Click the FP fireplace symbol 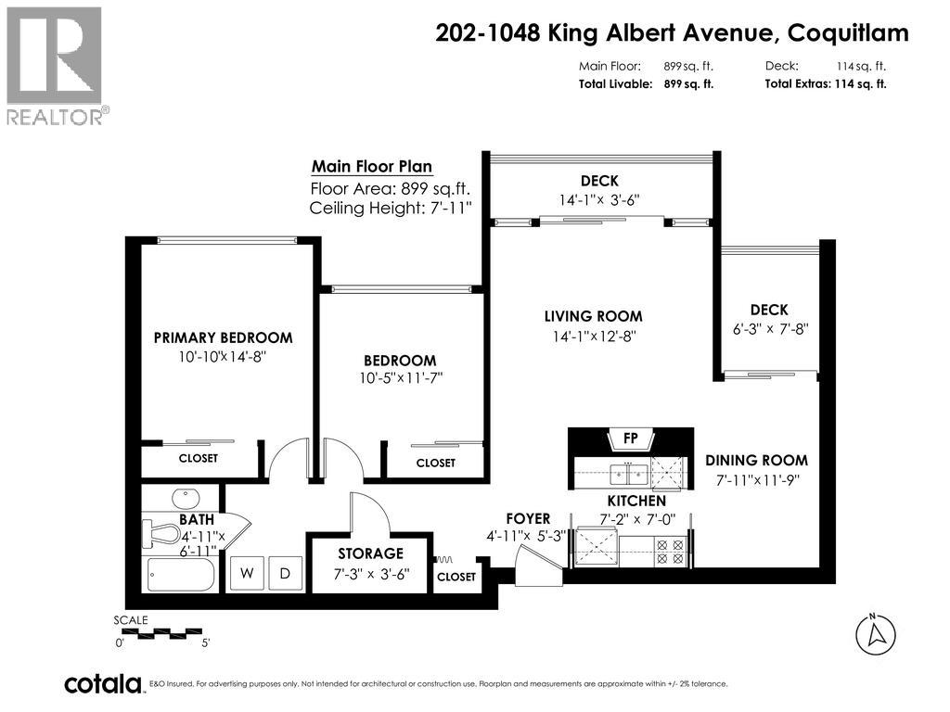coord(630,438)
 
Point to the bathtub coord(180,574)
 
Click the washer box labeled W coord(247,574)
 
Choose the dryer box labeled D coord(285,574)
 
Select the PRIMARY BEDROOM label coord(223,338)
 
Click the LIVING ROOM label coord(593,317)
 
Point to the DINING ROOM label coord(756,461)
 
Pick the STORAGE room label coord(370,554)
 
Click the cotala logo coord(102,684)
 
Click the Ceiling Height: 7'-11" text coord(391,208)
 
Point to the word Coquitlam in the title coord(848,33)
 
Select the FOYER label coord(528,518)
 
